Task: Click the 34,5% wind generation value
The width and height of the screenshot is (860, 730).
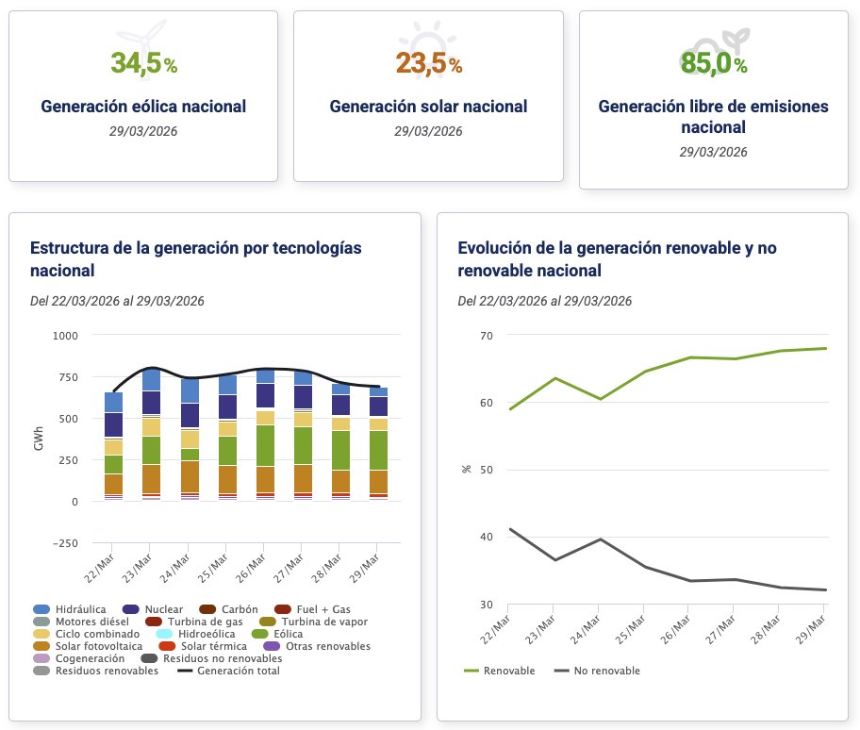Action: point(143,63)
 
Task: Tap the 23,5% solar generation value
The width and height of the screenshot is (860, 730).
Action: point(428,63)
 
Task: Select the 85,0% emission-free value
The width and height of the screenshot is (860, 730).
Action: point(713,63)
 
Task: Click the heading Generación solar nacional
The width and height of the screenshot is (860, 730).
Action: point(428,107)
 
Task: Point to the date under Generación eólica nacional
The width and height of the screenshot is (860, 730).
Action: point(143,131)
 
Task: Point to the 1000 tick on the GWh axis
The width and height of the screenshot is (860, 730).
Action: point(66,335)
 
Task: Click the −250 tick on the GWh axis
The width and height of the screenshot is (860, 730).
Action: point(64,542)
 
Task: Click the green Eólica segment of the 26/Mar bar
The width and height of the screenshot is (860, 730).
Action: point(265,445)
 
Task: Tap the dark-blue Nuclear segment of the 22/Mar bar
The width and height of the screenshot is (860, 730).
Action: point(113,424)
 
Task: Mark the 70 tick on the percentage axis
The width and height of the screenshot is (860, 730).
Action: point(487,335)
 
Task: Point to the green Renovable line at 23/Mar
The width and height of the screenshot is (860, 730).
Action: point(555,378)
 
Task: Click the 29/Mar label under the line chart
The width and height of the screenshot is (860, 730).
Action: point(810,626)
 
